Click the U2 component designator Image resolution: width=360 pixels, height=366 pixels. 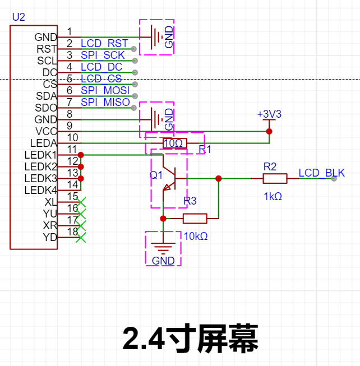(19, 17)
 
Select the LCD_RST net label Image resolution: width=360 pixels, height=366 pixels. (104, 43)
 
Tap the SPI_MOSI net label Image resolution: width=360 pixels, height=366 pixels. (105, 90)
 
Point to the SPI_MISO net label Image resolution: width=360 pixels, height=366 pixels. (105, 102)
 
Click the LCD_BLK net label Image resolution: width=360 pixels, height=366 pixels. (321, 173)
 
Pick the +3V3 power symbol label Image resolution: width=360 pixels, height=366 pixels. (269, 114)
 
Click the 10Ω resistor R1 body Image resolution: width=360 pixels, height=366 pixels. (175, 143)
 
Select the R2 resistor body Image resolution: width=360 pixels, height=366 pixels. (275, 179)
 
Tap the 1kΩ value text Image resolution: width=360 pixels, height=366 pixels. (273, 197)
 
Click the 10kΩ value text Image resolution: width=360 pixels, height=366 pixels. (196, 237)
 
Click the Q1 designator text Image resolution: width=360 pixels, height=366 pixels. (156, 175)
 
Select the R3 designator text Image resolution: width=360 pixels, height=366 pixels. (190, 201)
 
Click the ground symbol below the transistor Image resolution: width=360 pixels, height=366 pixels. (163, 248)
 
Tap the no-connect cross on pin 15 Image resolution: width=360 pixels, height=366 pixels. (81, 202)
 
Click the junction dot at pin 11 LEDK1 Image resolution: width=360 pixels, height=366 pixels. (81, 155)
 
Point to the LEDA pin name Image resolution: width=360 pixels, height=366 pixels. (43, 143)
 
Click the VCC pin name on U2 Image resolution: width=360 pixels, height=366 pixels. (46, 131)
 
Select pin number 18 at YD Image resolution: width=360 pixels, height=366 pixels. (72, 232)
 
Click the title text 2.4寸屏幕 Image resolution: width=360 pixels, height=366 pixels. (190, 338)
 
